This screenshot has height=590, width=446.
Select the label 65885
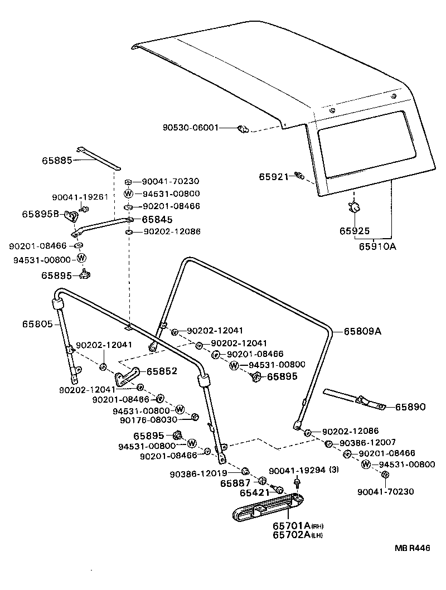[x=57, y=160]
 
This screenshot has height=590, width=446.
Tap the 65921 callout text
[x=273, y=177]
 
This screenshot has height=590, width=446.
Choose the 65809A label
[x=362, y=331]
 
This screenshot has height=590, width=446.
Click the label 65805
[x=38, y=324]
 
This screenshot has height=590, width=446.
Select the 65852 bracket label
[x=162, y=371]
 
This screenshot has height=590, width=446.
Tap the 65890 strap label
[x=410, y=408]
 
